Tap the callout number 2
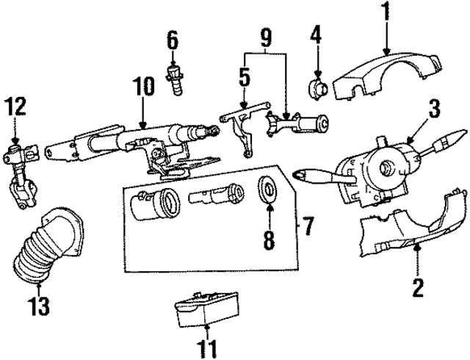point(418,286)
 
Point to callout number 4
point(317,35)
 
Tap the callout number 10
point(144,87)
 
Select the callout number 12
point(15,108)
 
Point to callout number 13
point(40,306)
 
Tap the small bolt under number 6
point(175,80)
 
